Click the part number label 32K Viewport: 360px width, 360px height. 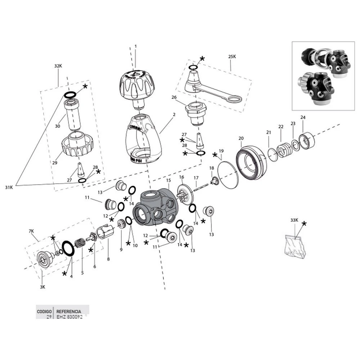pos(58,66)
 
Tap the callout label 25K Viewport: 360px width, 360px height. pos(232,57)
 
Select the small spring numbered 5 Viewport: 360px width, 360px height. pos(80,242)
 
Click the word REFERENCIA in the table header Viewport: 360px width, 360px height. pos(68,311)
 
